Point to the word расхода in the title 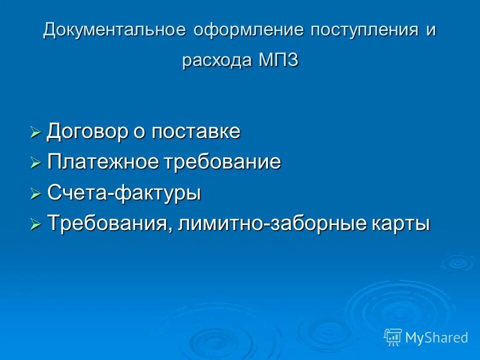tap(217, 60)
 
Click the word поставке tap(196, 132)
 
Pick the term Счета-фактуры tap(124, 193)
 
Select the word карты tap(400, 224)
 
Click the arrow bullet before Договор tap(35, 133)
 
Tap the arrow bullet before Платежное tap(35, 163)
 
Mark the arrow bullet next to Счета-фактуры tap(35, 194)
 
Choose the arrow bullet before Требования tap(35, 225)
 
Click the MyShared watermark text tap(436, 338)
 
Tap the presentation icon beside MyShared tap(393, 337)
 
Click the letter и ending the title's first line tap(431, 30)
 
